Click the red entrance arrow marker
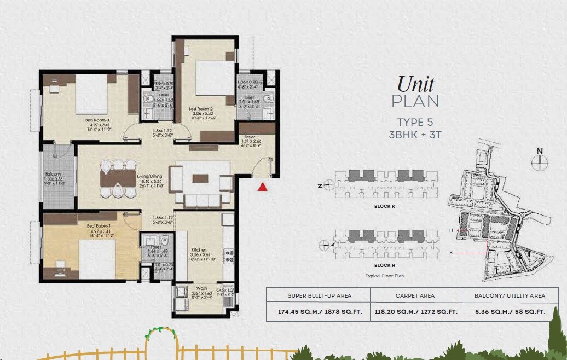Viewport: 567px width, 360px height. point(263,187)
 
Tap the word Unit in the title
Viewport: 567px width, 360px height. point(415,85)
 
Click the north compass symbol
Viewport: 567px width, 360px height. point(540,159)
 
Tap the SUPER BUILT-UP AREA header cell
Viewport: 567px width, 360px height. point(320,295)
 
